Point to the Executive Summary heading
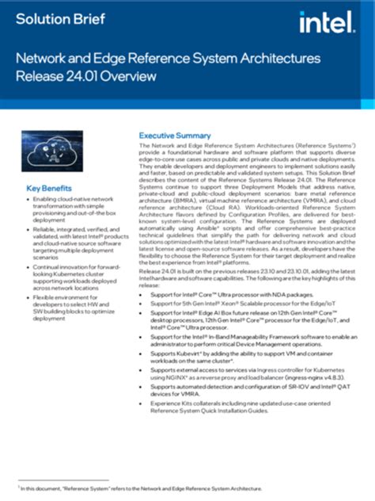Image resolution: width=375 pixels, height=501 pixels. pos(175,136)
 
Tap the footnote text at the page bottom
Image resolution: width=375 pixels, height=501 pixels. pos(139,489)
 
